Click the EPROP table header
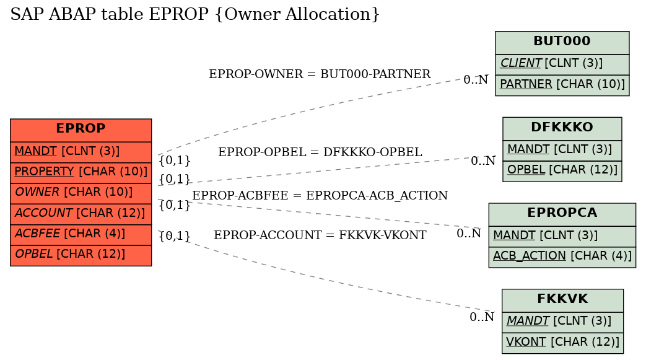(81, 130)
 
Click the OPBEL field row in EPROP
(81, 255)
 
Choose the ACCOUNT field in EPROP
(81, 214)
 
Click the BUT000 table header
(562, 43)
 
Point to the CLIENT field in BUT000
(562, 64)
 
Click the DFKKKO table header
(562, 129)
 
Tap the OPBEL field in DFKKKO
(562, 171)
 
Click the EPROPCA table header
(562, 214)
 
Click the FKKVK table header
(562, 300)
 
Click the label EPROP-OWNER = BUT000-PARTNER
(320, 74)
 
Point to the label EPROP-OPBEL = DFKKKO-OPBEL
(320, 152)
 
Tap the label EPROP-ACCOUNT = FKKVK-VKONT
(320, 235)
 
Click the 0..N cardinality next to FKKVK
(482, 317)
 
